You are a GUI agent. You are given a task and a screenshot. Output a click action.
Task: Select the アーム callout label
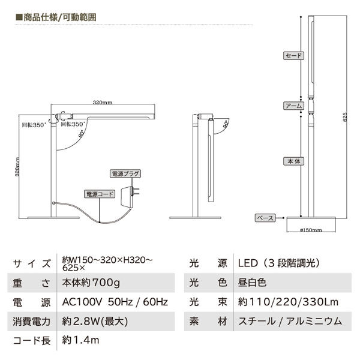tap(293, 106)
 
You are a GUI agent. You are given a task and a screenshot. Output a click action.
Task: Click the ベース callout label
tap(265, 217)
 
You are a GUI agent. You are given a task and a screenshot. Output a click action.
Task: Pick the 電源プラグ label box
tap(125, 173)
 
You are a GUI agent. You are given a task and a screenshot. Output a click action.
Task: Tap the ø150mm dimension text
tap(310, 230)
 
